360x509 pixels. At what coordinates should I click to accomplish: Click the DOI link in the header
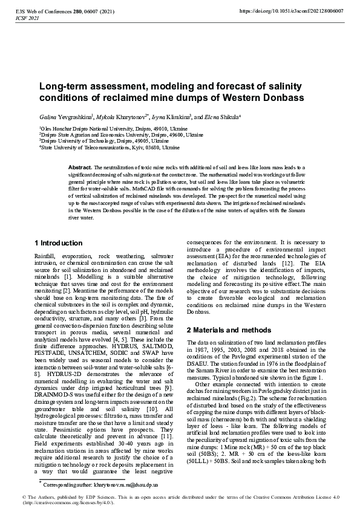tap(292, 11)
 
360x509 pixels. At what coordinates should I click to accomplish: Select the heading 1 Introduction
tap(59, 243)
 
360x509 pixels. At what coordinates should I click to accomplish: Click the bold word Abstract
tap(79, 166)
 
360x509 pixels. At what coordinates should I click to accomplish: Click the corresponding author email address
tap(115, 485)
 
